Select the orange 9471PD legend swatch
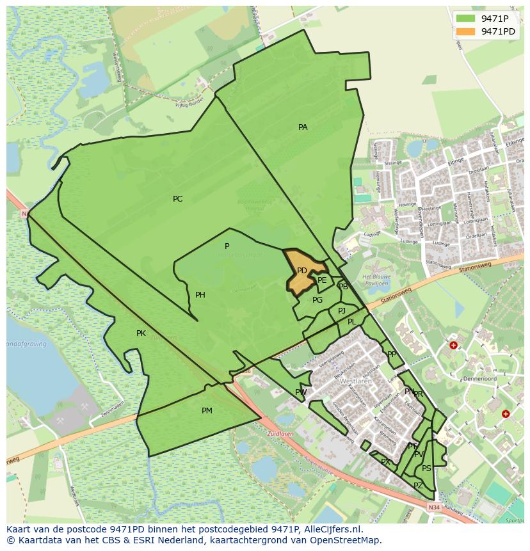(465, 31)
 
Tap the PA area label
(303, 127)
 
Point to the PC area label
(177, 199)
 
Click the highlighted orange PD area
(302, 271)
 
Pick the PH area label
(200, 295)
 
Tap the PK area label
(141, 333)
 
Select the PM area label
(207, 411)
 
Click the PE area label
(322, 280)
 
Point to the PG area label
(317, 300)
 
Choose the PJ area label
(342, 311)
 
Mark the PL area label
(351, 322)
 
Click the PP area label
(391, 354)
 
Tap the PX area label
(385, 462)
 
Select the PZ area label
(418, 486)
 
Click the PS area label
(426, 468)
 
